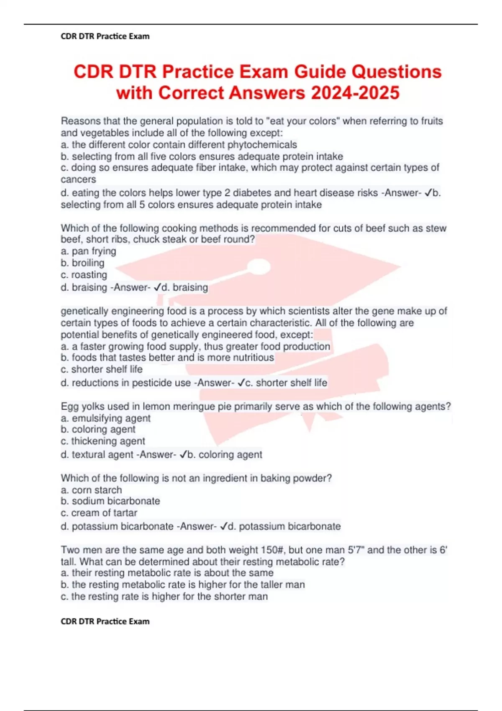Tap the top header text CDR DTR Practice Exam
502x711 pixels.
(105, 36)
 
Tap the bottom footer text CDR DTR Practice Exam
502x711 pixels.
(105, 621)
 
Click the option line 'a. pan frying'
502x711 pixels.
(88, 251)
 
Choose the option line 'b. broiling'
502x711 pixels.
(82, 263)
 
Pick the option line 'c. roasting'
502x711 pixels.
(84, 275)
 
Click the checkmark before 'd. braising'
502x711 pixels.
(157, 287)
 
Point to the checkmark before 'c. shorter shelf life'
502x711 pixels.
(241, 383)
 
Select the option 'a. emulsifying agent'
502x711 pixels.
(105, 418)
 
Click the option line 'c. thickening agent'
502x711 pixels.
(103, 441)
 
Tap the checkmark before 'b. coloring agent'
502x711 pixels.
(183, 455)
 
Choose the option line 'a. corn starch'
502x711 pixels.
(91, 490)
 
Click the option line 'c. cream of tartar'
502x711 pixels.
(99, 513)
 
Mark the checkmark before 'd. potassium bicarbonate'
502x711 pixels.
(224, 526)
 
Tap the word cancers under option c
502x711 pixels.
(78, 179)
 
